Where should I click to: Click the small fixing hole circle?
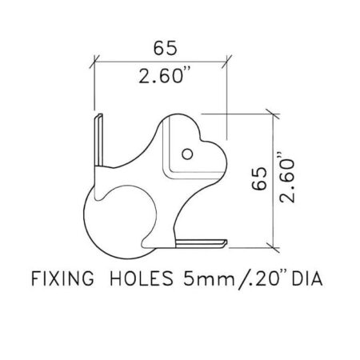pos(187,154)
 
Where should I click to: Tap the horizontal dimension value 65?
pos(165,48)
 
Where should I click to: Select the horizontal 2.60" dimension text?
pos(165,76)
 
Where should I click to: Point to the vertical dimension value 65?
pos(259,178)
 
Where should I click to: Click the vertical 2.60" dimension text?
pos(287,178)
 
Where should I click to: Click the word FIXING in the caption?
pos(63,278)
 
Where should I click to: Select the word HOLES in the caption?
pos(142,278)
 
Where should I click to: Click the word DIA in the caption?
pos(307,279)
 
